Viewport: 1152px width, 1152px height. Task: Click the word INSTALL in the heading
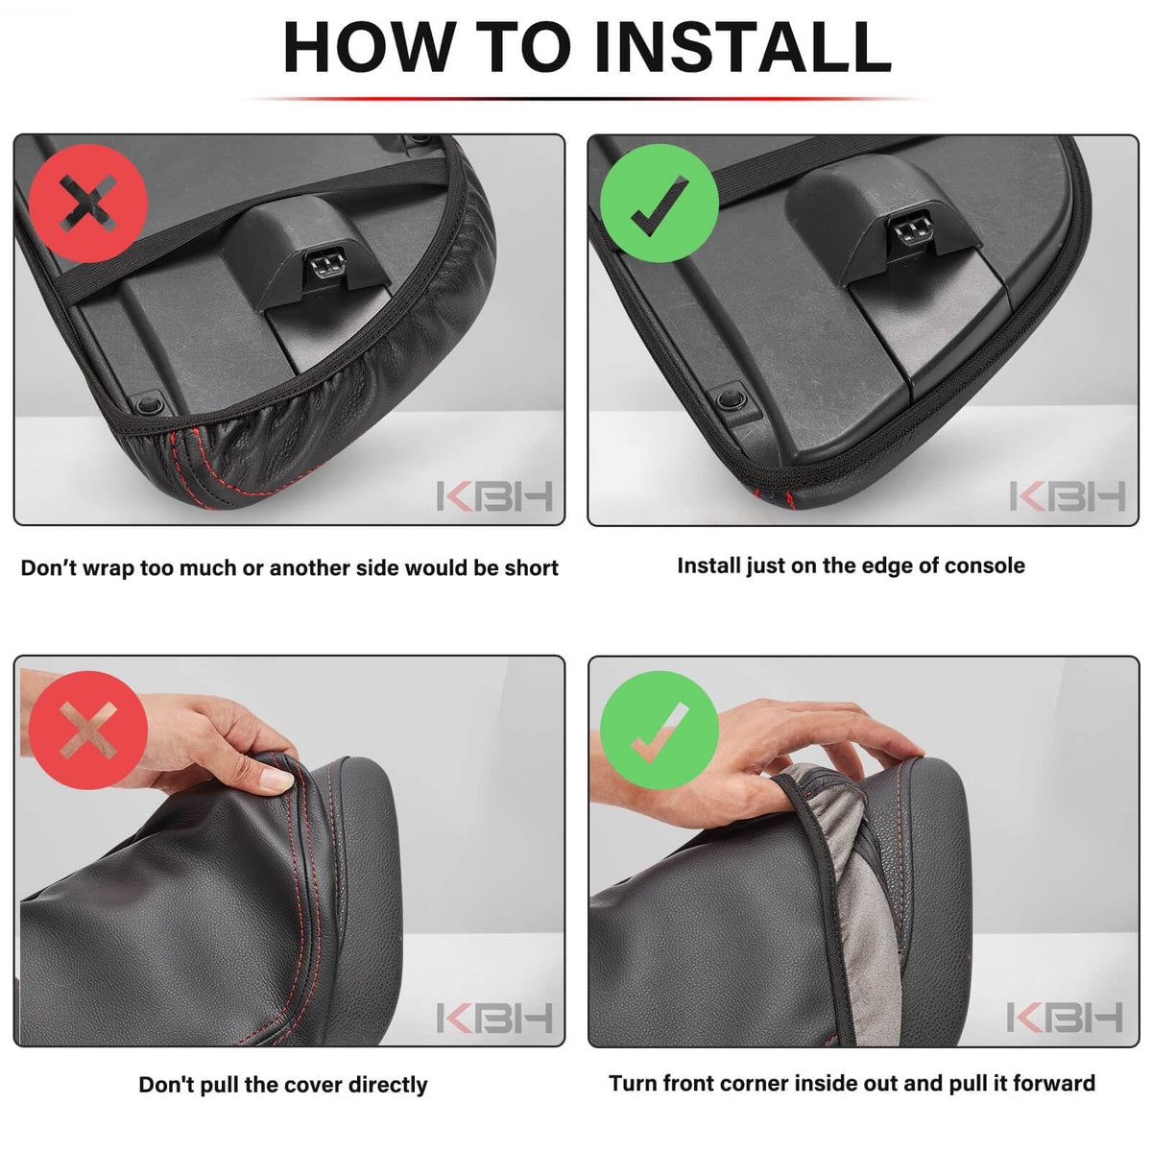click(742, 47)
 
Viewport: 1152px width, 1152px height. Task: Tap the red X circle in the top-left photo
click(88, 203)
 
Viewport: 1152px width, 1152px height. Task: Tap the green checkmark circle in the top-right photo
click(659, 203)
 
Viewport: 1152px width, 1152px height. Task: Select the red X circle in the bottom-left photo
click(88, 730)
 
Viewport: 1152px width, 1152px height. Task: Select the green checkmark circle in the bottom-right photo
click(659, 730)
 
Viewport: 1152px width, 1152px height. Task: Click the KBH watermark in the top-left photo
click(494, 496)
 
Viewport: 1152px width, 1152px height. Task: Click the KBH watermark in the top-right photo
click(1068, 496)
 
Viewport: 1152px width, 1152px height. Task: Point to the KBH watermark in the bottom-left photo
click(494, 1018)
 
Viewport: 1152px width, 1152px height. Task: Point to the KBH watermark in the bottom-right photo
click(1065, 1018)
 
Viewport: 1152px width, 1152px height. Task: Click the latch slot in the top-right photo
click(910, 229)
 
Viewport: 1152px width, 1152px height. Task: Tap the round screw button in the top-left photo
click(150, 405)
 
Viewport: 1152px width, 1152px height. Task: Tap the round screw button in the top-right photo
click(730, 397)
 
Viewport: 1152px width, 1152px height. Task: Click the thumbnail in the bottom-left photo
click(276, 779)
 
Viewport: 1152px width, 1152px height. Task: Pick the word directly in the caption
click(388, 1085)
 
